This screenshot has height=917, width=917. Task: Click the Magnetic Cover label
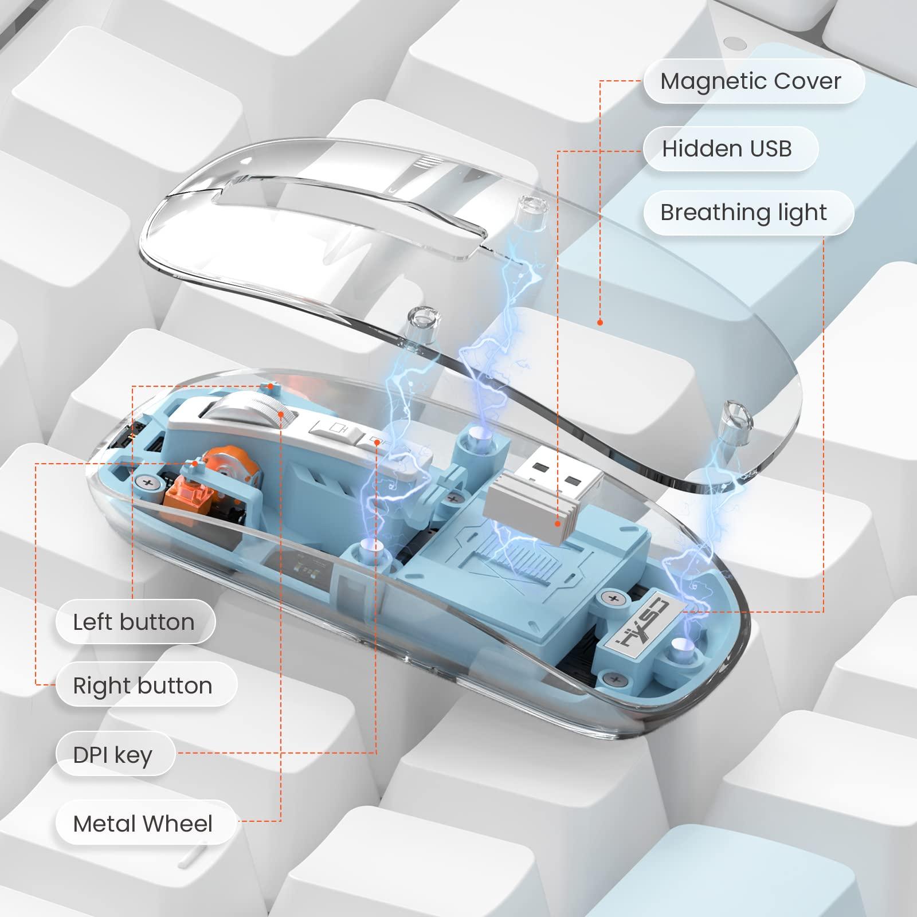751,81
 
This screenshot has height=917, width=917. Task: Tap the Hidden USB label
727,149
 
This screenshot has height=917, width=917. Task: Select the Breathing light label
743,213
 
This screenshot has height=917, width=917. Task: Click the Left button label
134,622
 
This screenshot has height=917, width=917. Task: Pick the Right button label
143,685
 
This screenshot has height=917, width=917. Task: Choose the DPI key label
113,755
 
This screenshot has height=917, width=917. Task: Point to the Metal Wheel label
143,824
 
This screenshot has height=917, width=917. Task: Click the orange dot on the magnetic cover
600,323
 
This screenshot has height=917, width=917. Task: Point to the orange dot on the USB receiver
558,523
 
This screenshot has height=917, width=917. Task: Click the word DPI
90,755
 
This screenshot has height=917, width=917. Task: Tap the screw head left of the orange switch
148,483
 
